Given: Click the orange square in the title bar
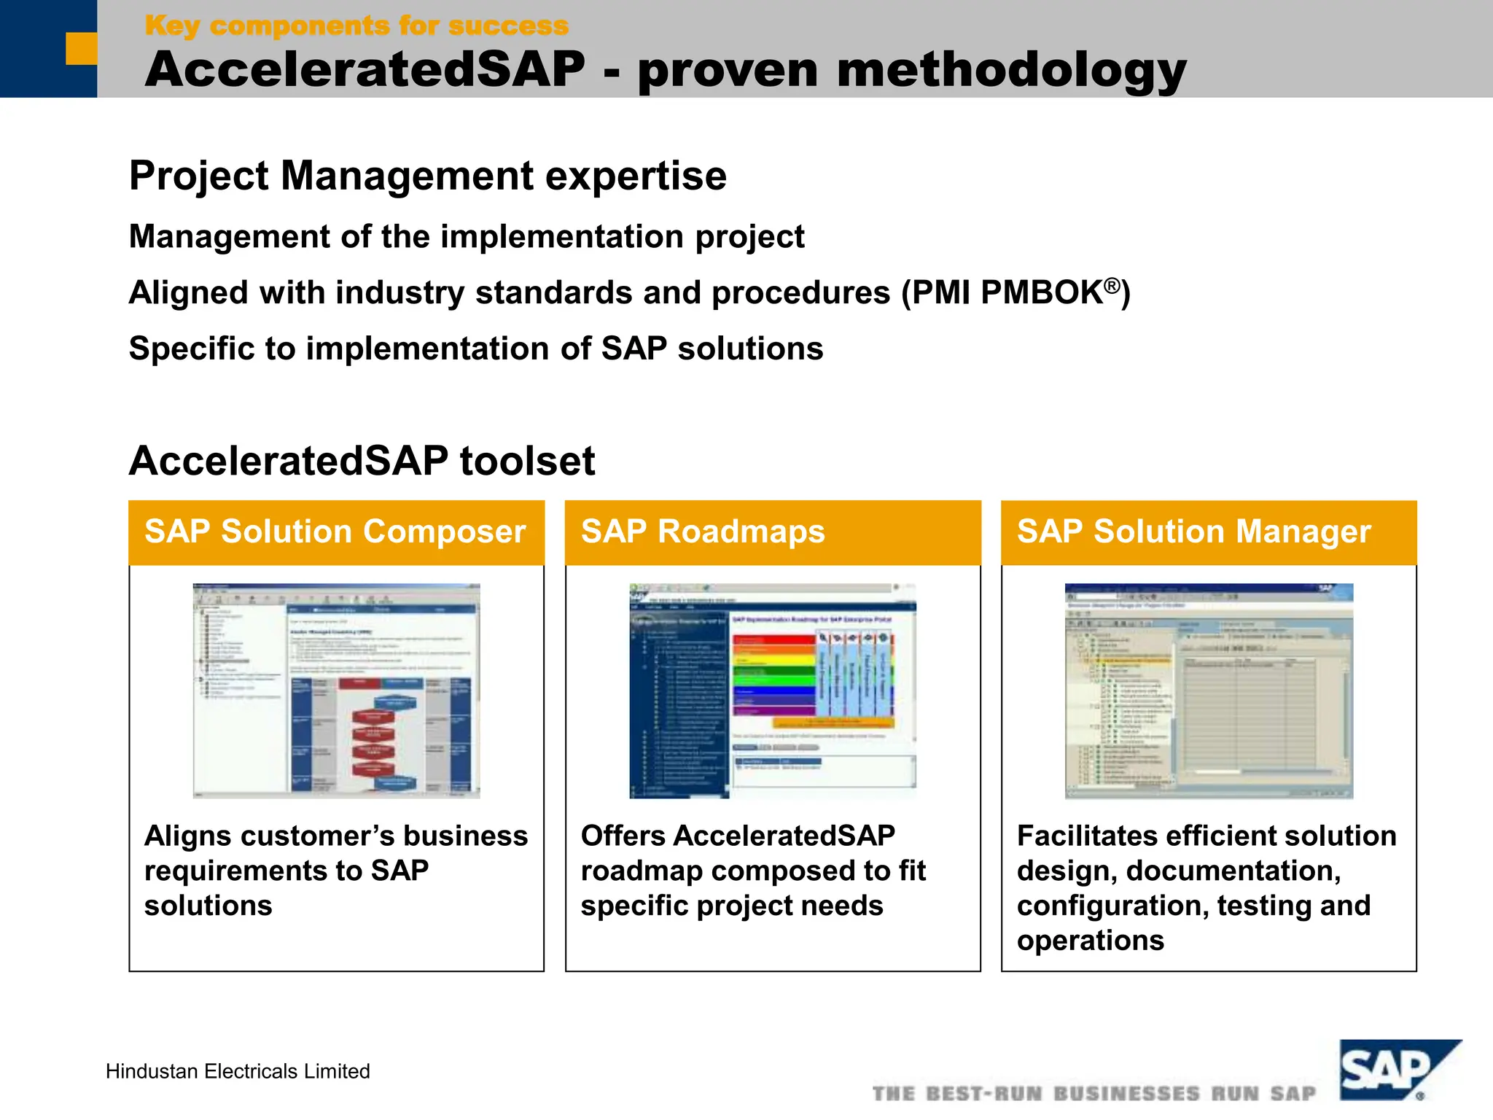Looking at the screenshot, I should [81, 48].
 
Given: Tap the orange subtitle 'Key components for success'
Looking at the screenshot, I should [356, 26].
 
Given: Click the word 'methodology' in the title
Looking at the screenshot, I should [1011, 71].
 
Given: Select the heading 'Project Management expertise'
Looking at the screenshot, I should [428, 176].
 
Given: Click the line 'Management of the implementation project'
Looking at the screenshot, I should [467, 237].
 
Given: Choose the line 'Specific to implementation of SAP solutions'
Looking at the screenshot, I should [476, 349].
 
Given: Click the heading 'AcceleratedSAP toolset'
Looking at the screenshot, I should [362, 461].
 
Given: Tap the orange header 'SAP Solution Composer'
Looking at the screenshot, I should [335, 532].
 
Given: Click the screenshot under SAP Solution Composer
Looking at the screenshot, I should [336, 691].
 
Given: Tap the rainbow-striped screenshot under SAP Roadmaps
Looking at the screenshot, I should [773, 691].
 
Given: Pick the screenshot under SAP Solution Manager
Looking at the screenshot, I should [1209, 691].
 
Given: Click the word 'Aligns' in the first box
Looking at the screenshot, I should [187, 836].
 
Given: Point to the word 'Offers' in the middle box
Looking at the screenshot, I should [623, 836].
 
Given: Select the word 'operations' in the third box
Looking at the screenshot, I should [1090, 941].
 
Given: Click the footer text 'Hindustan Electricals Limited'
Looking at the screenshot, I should [238, 1071].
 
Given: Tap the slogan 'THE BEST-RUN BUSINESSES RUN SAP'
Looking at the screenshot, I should [1094, 1094].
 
